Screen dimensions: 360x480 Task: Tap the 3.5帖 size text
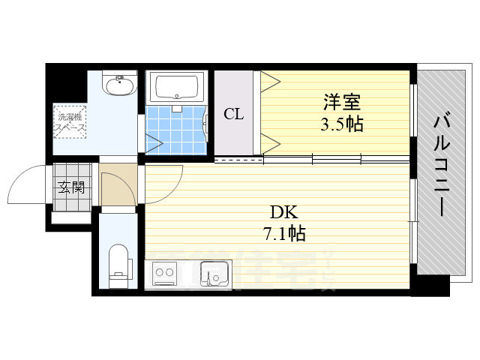click(x=342, y=124)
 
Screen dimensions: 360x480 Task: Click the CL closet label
click(x=234, y=115)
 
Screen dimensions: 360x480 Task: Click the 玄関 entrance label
click(x=71, y=187)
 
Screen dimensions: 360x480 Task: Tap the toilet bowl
click(x=118, y=266)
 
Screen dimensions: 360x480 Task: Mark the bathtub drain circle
click(x=177, y=96)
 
